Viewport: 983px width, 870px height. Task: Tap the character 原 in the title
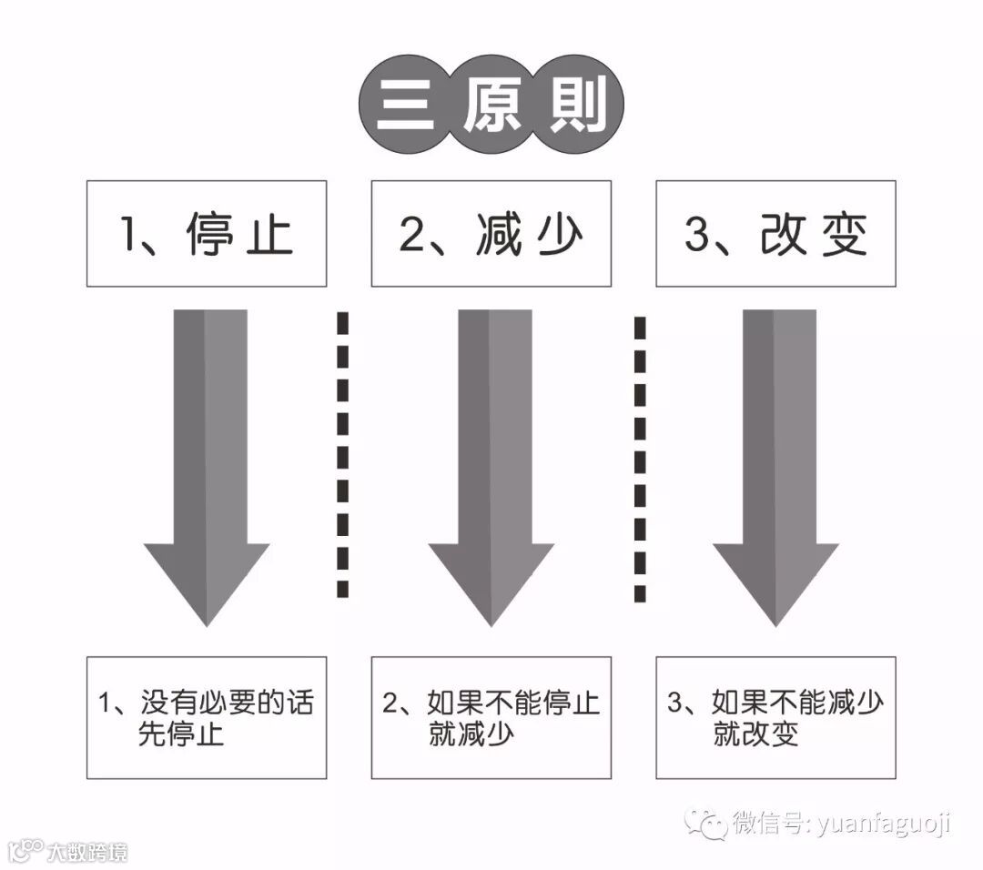pyautogui.click(x=491, y=109)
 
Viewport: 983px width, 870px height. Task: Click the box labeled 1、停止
pyautogui.click(x=207, y=234)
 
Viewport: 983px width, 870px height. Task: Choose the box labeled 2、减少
pyautogui.click(x=491, y=234)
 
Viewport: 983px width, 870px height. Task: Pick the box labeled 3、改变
pyautogui.click(x=775, y=234)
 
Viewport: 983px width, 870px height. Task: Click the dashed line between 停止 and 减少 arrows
pyautogui.click(x=343, y=455)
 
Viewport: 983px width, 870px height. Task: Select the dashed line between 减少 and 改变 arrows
pyautogui.click(x=640, y=460)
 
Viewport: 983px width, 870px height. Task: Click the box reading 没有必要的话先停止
pyautogui.click(x=207, y=717)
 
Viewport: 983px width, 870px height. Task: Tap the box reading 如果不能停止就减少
pyautogui.click(x=491, y=717)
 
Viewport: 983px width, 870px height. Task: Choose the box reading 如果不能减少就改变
pyautogui.click(x=775, y=717)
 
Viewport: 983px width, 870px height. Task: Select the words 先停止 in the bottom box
pyautogui.click(x=181, y=734)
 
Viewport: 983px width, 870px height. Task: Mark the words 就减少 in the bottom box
pyautogui.click(x=471, y=734)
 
